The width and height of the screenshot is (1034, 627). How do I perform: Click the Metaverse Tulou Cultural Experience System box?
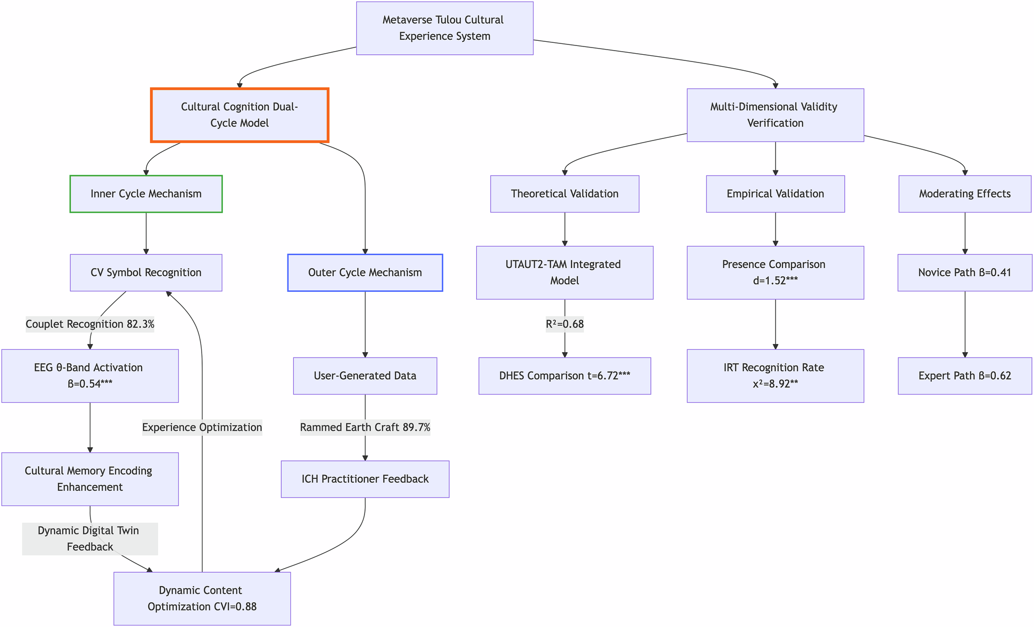[445, 28]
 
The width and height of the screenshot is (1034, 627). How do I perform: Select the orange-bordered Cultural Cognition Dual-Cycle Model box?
[239, 115]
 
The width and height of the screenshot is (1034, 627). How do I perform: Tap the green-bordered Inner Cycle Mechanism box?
[146, 194]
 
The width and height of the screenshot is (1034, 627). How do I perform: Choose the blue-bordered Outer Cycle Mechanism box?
[365, 273]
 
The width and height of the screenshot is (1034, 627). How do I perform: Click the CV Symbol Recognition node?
[146, 273]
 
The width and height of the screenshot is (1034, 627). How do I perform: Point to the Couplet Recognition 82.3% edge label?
[90, 324]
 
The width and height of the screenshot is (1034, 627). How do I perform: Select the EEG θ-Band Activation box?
[90, 376]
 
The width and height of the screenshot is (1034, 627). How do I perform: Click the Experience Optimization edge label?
[202, 428]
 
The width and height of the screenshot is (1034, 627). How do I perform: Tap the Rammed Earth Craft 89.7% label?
[365, 428]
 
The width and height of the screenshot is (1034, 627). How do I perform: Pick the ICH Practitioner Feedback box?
[365, 479]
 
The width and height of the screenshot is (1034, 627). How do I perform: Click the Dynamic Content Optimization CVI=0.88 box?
[202, 599]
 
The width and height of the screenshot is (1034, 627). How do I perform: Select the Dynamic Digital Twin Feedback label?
[90, 539]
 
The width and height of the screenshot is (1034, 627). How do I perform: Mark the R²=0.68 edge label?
[565, 324]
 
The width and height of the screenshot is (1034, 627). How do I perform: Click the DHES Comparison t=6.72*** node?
[565, 376]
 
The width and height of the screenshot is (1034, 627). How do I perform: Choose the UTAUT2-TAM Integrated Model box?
[565, 273]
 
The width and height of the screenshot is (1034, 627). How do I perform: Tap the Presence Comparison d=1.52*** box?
[775, 273]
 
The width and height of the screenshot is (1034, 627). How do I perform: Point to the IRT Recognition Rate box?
[775, 376]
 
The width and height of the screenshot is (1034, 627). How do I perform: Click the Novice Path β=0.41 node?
[965, 273]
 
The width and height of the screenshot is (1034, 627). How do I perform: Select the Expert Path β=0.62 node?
[965, 376]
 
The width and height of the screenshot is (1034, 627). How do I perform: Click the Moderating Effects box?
[965, 194]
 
